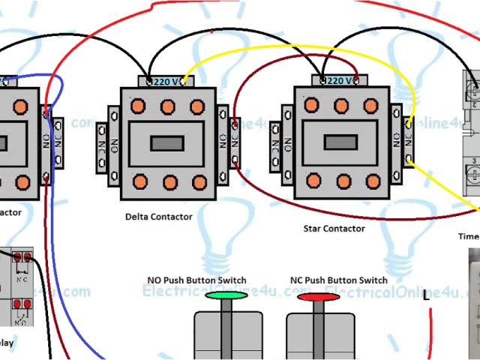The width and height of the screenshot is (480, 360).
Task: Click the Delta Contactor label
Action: point(159,217)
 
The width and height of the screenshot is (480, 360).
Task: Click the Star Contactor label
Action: point(334,228)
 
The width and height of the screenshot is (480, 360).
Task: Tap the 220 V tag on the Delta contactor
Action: point(166,81)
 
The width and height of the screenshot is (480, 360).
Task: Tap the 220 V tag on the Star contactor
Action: point(340,80)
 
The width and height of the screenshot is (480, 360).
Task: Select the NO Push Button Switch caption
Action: point(196,280)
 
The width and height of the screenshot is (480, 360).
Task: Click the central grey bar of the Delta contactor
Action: point(167,142)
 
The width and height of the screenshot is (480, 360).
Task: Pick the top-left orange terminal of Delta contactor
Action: point(138,106)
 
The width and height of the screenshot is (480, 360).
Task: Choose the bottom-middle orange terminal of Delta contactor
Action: point(169,181)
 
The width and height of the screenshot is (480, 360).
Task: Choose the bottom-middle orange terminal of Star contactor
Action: point(343,181)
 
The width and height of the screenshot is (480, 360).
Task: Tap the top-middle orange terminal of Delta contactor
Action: point(168,106)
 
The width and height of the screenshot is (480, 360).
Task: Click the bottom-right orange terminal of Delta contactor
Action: point(199,181)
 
